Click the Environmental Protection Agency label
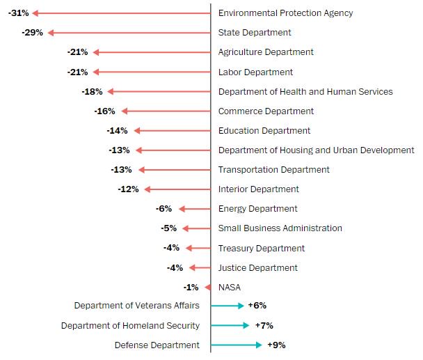tap(285, 13)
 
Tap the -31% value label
tap(19, 13)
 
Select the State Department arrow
tap(129, 33)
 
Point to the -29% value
tap(32, 33)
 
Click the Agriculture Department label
tap(266, 52)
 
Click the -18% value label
tap(92, 91)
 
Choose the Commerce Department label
tap(266, 111)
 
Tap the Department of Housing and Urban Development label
tap(316, 150)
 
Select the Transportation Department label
tap(273, 170)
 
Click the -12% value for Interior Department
tap(128, 189)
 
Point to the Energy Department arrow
tap(194, 209)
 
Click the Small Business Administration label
tap(280, 228)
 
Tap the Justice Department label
tap(257, 268)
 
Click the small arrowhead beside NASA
tap(207, 287)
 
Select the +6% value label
tap(257, 306)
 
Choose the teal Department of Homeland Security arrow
tap(230, 325)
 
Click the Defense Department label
tap(157, 345)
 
